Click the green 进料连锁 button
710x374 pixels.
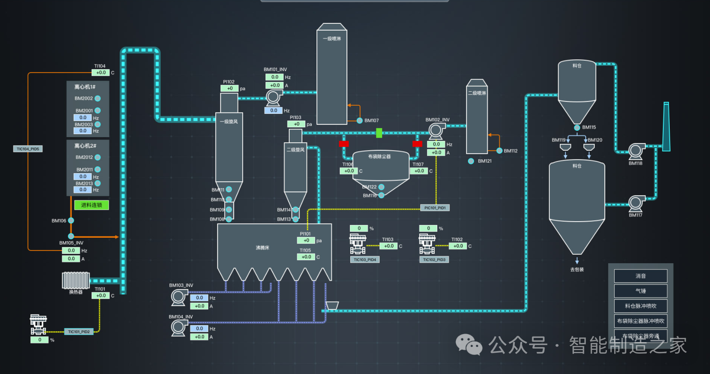pyautogui.click(x=92, y=205)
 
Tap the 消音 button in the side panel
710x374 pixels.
pyautogui.click(x=640, y=276)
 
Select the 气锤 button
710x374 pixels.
pyautogui.click(x=640, y=291)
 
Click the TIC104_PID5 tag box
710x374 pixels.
pyautogui.click(x=28, y=149)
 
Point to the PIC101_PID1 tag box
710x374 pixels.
pyautogui.click(x=435, y=208)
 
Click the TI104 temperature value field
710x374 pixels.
pyautogui.click(x=101, y=73)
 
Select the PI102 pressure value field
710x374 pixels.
pyautogui.click(x=229, y=88)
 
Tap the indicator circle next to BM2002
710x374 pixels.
pyautogui.click(x=98, y=98)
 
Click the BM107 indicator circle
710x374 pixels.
pyautogui.click(x=360, y=121)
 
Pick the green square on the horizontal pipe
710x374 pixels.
pyautogui.click(x=379, y=133)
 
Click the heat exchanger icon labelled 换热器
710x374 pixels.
pyautogui.click(x=76, y=281)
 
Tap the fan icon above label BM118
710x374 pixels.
pyautogui.click(x=636, y=151)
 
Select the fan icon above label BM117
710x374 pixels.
pyautogui.click(x=636, y=203)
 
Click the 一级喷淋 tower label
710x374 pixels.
pyautogui.click(x=332, y=39)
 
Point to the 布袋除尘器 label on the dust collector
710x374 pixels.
pyautogui.click(x=380, y=157)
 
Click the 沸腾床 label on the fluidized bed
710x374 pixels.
pyautogui.click(x=263, y=247)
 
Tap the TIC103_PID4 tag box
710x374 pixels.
pyautogui.click(x=365, y=259)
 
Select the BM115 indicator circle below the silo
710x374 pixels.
pyautogui.click(x=577, y=127)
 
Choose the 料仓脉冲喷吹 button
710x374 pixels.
pyautogui.click(x=640, y=306)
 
